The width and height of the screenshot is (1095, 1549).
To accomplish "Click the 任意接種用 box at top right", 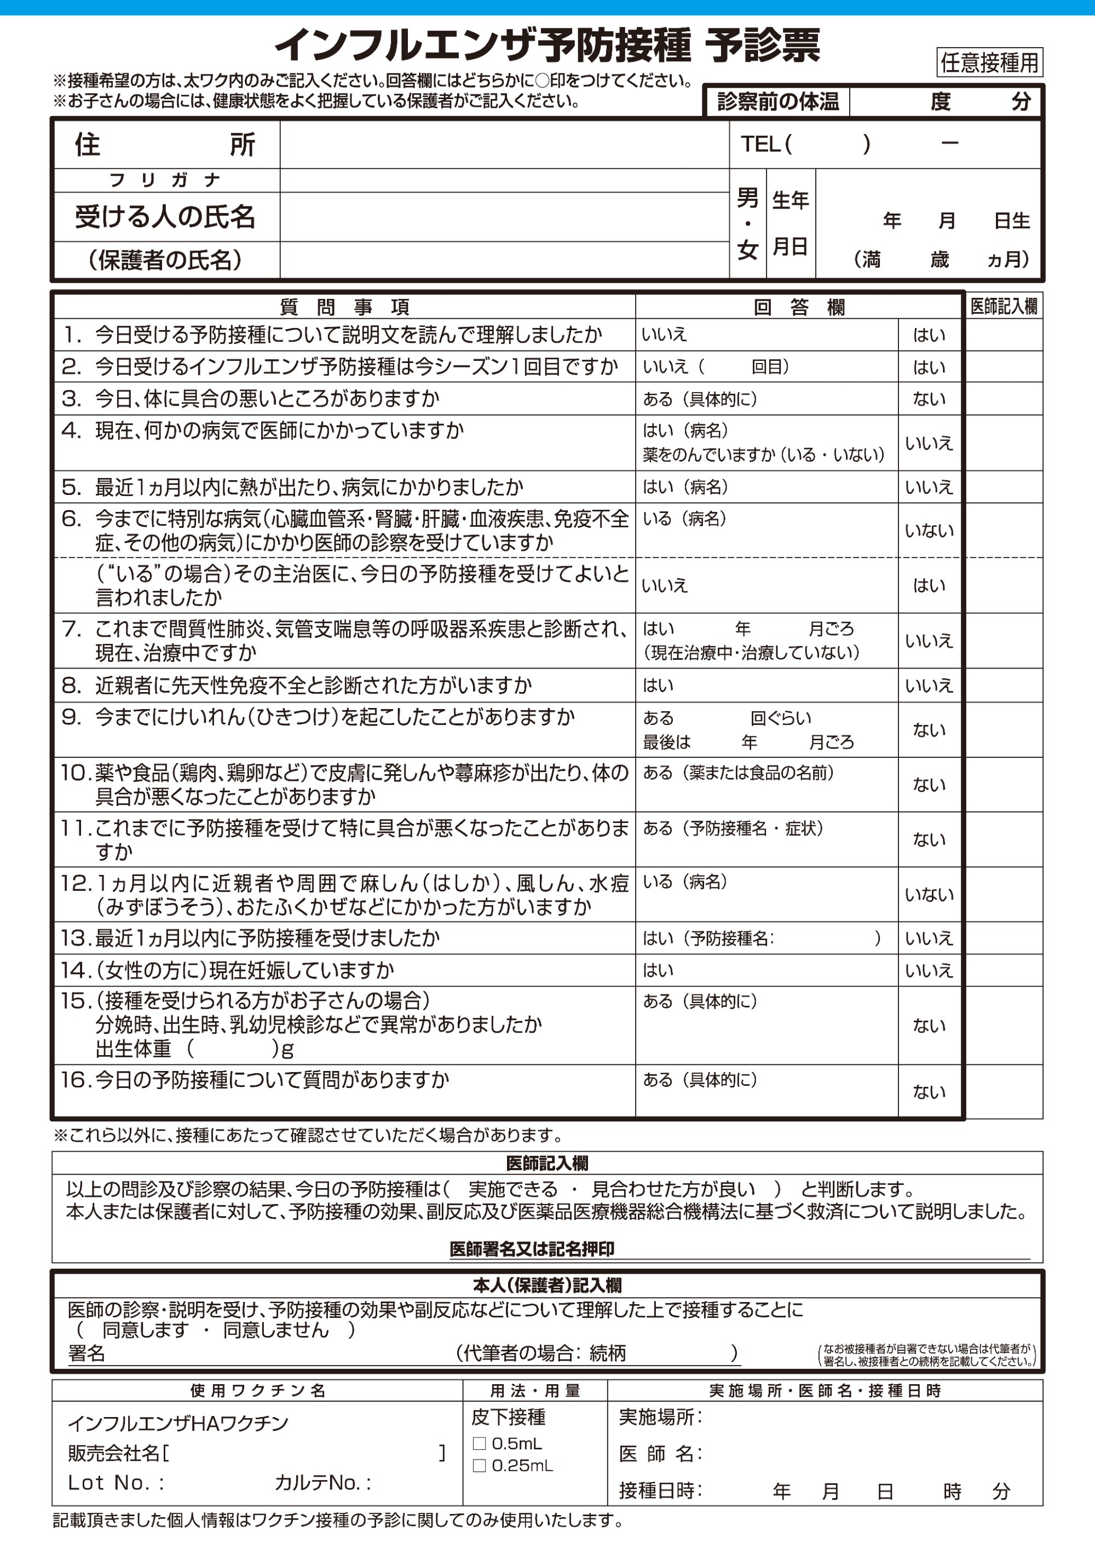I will pos(989,63).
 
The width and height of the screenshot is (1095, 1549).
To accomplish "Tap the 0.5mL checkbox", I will pos(479,1443).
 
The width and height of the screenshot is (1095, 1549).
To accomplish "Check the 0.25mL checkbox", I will pos(479,1465).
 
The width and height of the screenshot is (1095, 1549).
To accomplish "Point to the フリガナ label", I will pos(165,180).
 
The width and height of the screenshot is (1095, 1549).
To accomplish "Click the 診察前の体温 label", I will pos(777,102).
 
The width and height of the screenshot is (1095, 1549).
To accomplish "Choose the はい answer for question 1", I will pos(929,335).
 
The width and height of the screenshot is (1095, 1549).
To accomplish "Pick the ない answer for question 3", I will pos(929,399).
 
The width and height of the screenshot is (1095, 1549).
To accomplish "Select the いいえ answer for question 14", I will pos(929,970).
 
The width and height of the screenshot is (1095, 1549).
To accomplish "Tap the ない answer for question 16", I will pos(929,1092).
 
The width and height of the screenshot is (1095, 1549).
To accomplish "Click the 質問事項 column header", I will pos(344,308).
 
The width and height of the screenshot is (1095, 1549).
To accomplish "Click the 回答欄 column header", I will pos(799,308).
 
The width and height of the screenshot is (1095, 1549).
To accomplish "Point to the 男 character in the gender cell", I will pos(747,198).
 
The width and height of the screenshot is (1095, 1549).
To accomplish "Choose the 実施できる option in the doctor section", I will pos(513,1189).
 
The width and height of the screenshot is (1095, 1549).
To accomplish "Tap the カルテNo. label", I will pos(322,1482).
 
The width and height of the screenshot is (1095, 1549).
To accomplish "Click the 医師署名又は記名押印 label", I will pos(532,1249).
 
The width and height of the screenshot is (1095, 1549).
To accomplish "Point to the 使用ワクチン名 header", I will pos(258,1390).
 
